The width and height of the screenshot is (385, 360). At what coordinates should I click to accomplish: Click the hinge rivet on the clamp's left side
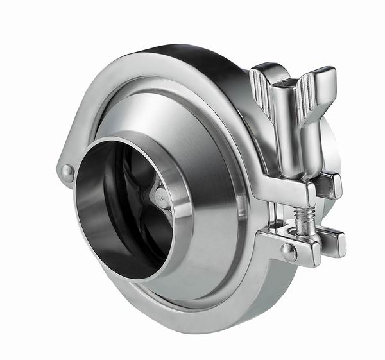click(67, 171)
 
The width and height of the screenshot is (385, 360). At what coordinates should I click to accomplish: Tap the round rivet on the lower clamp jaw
click(289, 252)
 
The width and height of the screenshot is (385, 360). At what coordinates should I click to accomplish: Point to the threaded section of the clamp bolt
click(304, 218)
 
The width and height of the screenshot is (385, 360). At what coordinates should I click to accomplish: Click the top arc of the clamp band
click(160, 58)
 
